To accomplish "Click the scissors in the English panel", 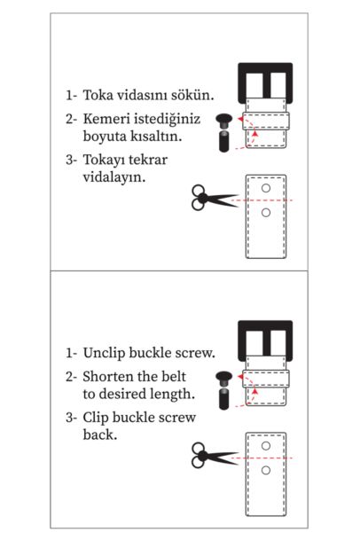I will point(207,458).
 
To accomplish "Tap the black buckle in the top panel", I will point(265,81).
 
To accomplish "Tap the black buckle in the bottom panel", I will point(265,337).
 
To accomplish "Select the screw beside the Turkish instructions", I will point(224,130).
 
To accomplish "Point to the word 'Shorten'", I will point(111,376).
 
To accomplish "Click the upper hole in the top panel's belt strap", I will point(265,190).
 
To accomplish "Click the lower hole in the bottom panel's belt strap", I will point(265,469).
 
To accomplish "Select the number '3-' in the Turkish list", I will point(71,160).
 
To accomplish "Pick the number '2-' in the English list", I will point(71,376).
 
